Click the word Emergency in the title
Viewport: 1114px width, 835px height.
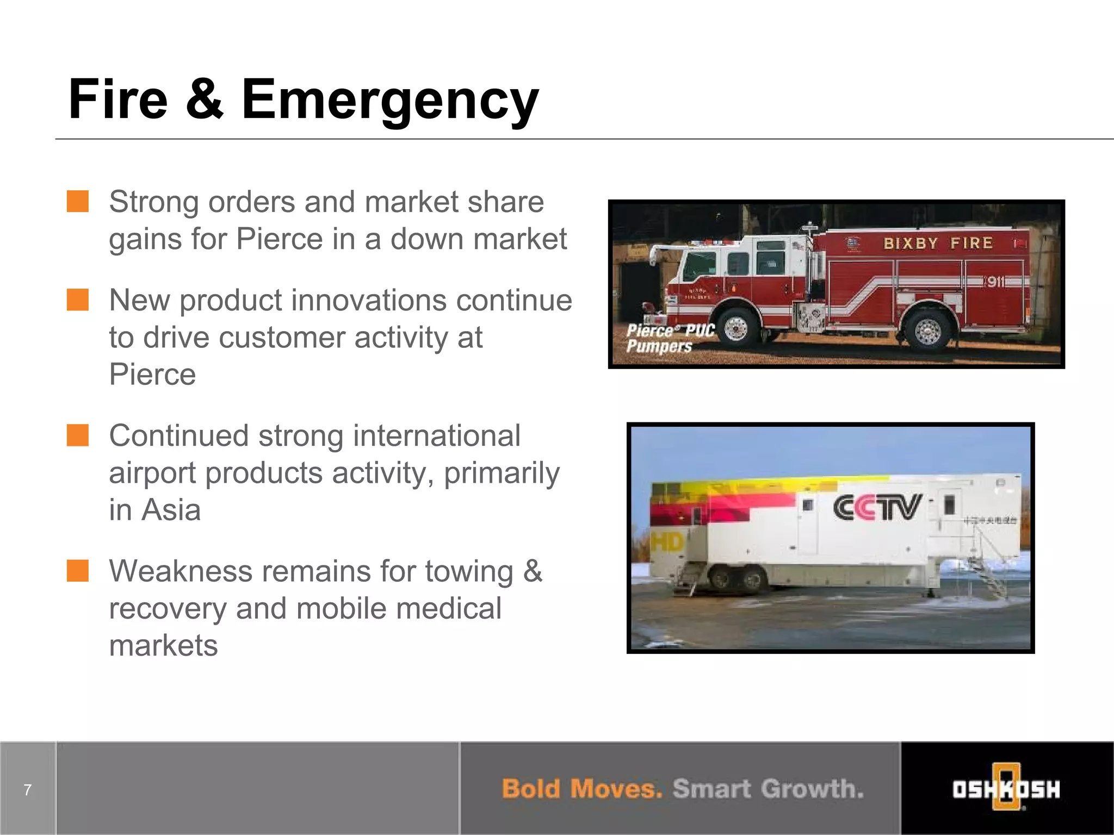(389, 101)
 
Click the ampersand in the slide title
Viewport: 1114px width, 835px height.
(205, 99)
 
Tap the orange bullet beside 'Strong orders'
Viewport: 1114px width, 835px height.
(78, 201)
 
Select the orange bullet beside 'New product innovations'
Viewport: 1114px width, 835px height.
(78, 300)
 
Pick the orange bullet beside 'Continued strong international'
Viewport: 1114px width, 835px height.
(78, 435)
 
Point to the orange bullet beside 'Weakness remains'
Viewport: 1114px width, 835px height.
(78, 571)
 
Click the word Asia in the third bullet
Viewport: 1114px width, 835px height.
(171, 510)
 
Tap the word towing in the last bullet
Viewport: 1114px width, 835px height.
(469, 572)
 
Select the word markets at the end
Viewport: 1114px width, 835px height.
(163, 645)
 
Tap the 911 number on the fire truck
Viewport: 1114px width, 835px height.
(995, 282)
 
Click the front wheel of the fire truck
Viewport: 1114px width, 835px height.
(736, 328)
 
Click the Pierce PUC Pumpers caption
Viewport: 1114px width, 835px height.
(669, 338)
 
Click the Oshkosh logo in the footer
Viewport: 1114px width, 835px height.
(1006, 788)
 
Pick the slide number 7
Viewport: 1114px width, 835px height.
(28, 789)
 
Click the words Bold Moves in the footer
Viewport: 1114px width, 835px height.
(581, 789)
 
